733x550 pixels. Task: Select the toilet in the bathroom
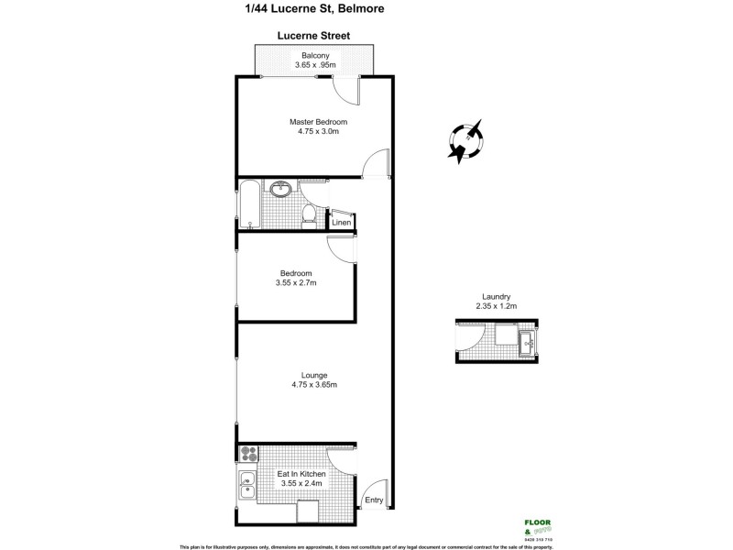310,214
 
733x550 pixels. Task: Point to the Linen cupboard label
341,223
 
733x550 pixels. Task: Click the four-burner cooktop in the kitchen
248,452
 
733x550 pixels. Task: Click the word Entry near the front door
374,500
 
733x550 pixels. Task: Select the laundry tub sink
529,343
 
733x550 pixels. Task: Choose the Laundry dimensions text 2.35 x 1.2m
496,306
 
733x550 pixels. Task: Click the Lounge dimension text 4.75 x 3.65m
314,385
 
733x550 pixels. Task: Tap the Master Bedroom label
318,122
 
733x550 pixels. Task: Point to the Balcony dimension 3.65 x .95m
315,66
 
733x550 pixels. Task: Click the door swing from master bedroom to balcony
345,90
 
